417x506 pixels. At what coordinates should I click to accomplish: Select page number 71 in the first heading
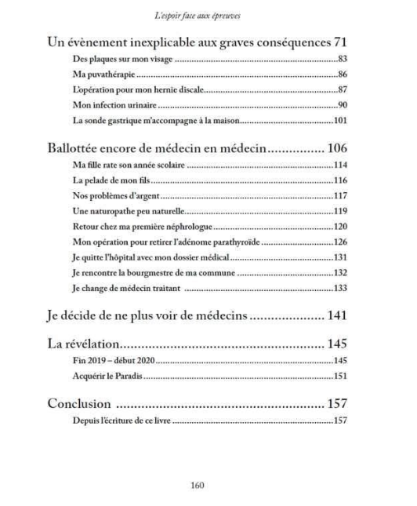point(339,41)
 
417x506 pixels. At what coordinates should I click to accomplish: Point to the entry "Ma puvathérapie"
point(97,75)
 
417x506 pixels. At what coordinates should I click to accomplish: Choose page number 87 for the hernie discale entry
point(342,90)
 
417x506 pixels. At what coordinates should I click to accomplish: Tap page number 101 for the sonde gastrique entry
point(340,120)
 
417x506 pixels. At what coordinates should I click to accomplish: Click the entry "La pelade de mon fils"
point(103,180)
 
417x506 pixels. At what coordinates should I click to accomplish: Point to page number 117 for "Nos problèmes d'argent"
point(340,196)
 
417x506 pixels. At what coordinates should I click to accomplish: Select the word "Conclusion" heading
point(82,405)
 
